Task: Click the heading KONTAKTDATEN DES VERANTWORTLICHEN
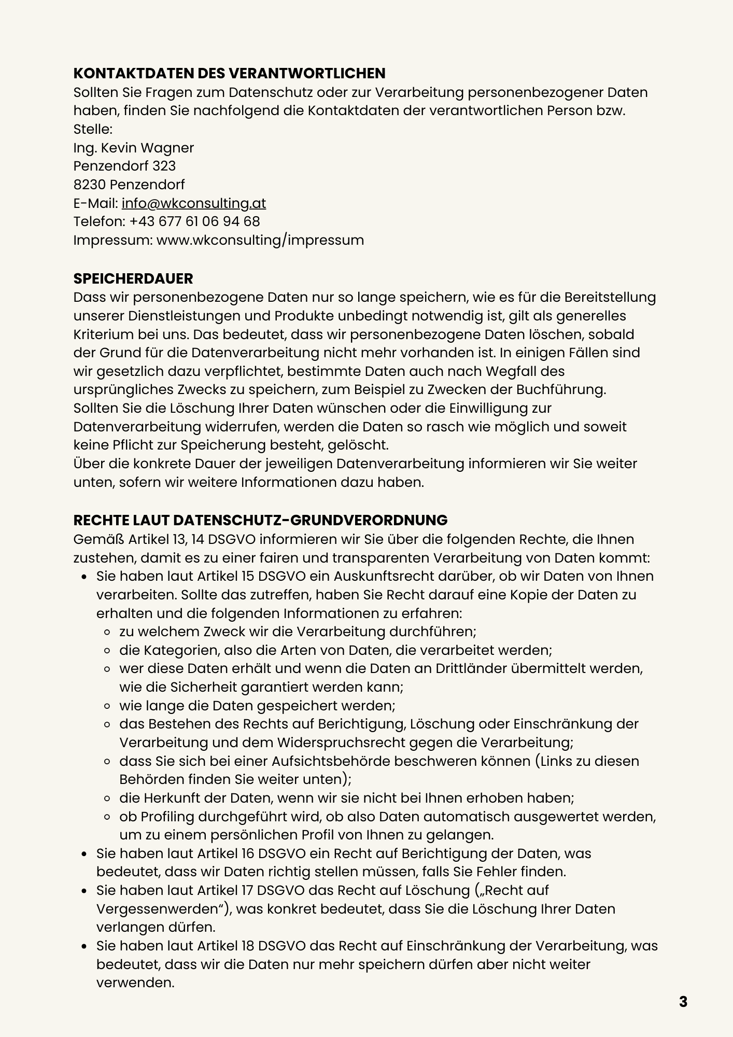pyautogui.click(x=229, y=73)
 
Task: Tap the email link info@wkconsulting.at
pyautogui.click(x=194, y=203)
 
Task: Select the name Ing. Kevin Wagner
pyautogui.click(x=134, y=148)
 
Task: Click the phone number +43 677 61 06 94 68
pyautogui.click(x=194, y=221)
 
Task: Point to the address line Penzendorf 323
pyautogui.click(x=124, y=166)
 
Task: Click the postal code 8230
pyautogui.click(x=90, y=185)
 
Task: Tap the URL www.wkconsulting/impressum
pyautogui.click(x=260, y=240)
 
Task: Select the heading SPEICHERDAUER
pyautogui.click(x=133, y=278)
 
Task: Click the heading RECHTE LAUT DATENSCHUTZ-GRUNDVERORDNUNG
pyautogui.click(x=260, y=520)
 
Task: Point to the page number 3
pyautogui.click(x=683, y=1002)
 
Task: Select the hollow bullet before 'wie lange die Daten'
pyautogui.click(x=108, y=706)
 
